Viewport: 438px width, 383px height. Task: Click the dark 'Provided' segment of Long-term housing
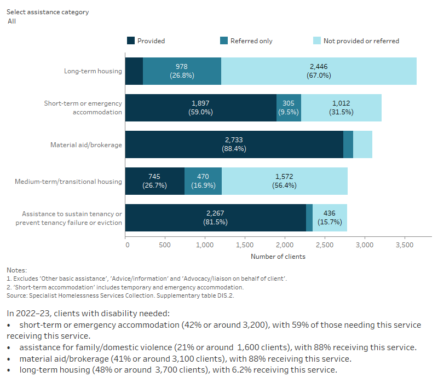click(134, 71)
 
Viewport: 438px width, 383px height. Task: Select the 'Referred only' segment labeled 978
click(182, 71)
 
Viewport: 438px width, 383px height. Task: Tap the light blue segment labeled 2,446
click(319, 71)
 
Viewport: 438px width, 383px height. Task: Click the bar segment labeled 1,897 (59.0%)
click(200, 108)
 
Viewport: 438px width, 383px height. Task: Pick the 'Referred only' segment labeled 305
click(289, 108)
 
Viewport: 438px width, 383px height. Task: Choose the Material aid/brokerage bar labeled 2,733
click(234, 144)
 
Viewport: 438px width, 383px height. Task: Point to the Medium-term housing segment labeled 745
click(155, 181)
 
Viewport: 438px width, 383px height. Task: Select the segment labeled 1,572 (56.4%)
click(284, 181)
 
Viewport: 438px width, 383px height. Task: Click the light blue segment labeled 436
click(330, 218)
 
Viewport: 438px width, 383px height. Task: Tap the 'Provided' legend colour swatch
click(130, 40)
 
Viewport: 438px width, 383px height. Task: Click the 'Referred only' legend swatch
click(223, 40)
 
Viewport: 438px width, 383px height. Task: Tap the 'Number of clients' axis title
click(278, 257)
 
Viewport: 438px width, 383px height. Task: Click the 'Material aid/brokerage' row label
click(86, 145)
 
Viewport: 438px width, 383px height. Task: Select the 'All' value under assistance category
click(11, 21)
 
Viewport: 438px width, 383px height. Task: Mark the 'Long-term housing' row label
click(93, 72)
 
